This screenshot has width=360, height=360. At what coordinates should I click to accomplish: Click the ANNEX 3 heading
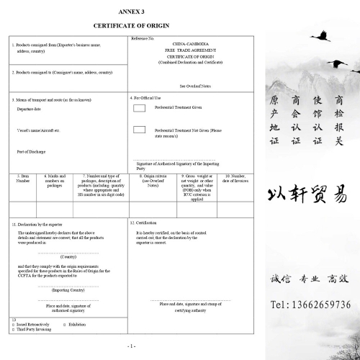point(131,12)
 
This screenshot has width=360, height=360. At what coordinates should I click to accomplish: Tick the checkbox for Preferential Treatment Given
point(139,108)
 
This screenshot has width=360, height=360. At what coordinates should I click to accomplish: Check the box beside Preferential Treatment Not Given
point(139,130)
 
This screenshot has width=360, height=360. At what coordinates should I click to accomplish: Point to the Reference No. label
point(143,37)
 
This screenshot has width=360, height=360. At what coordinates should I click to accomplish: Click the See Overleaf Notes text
point(195,86)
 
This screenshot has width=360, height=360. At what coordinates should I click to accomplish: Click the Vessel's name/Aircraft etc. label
point(37,130)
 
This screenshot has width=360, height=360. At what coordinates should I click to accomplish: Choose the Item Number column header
point(23,179)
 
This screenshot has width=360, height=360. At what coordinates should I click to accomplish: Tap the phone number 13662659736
point(310,305)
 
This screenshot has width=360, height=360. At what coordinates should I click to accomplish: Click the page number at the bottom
point(131,346)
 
